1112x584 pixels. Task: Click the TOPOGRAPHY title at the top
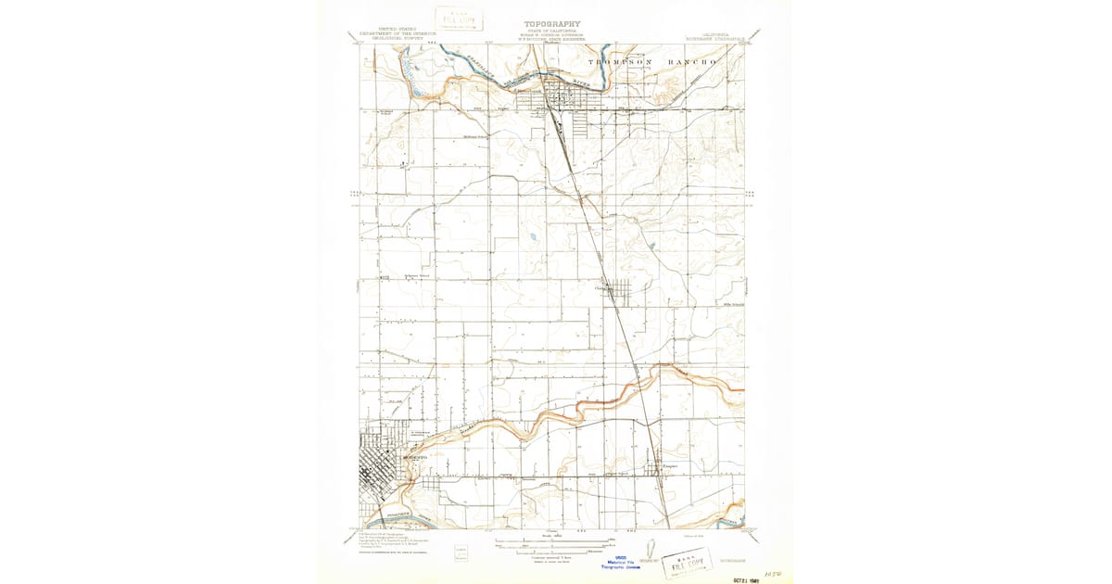(552, 24)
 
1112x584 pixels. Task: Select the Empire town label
(670, 466)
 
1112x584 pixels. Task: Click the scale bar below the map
(552, 540)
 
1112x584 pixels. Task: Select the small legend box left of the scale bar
(461, 553)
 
